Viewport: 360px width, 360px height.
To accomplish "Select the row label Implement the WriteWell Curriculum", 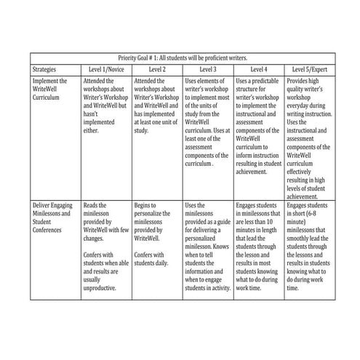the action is click(x=50, y=89).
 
